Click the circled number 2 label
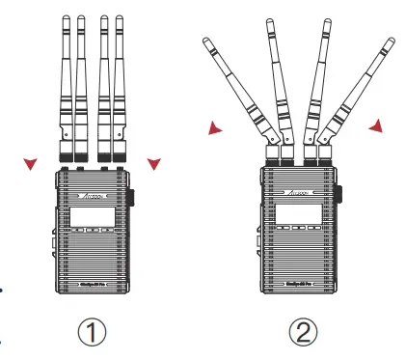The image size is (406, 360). pyautogui.click(x=300, y=333)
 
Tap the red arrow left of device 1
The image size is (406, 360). pyautogui.click(x=32, y=164)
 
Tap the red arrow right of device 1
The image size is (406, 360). pyautogui.click(x=152, y=164)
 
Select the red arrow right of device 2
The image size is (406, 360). pyautogui.click(x=375, y=125)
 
